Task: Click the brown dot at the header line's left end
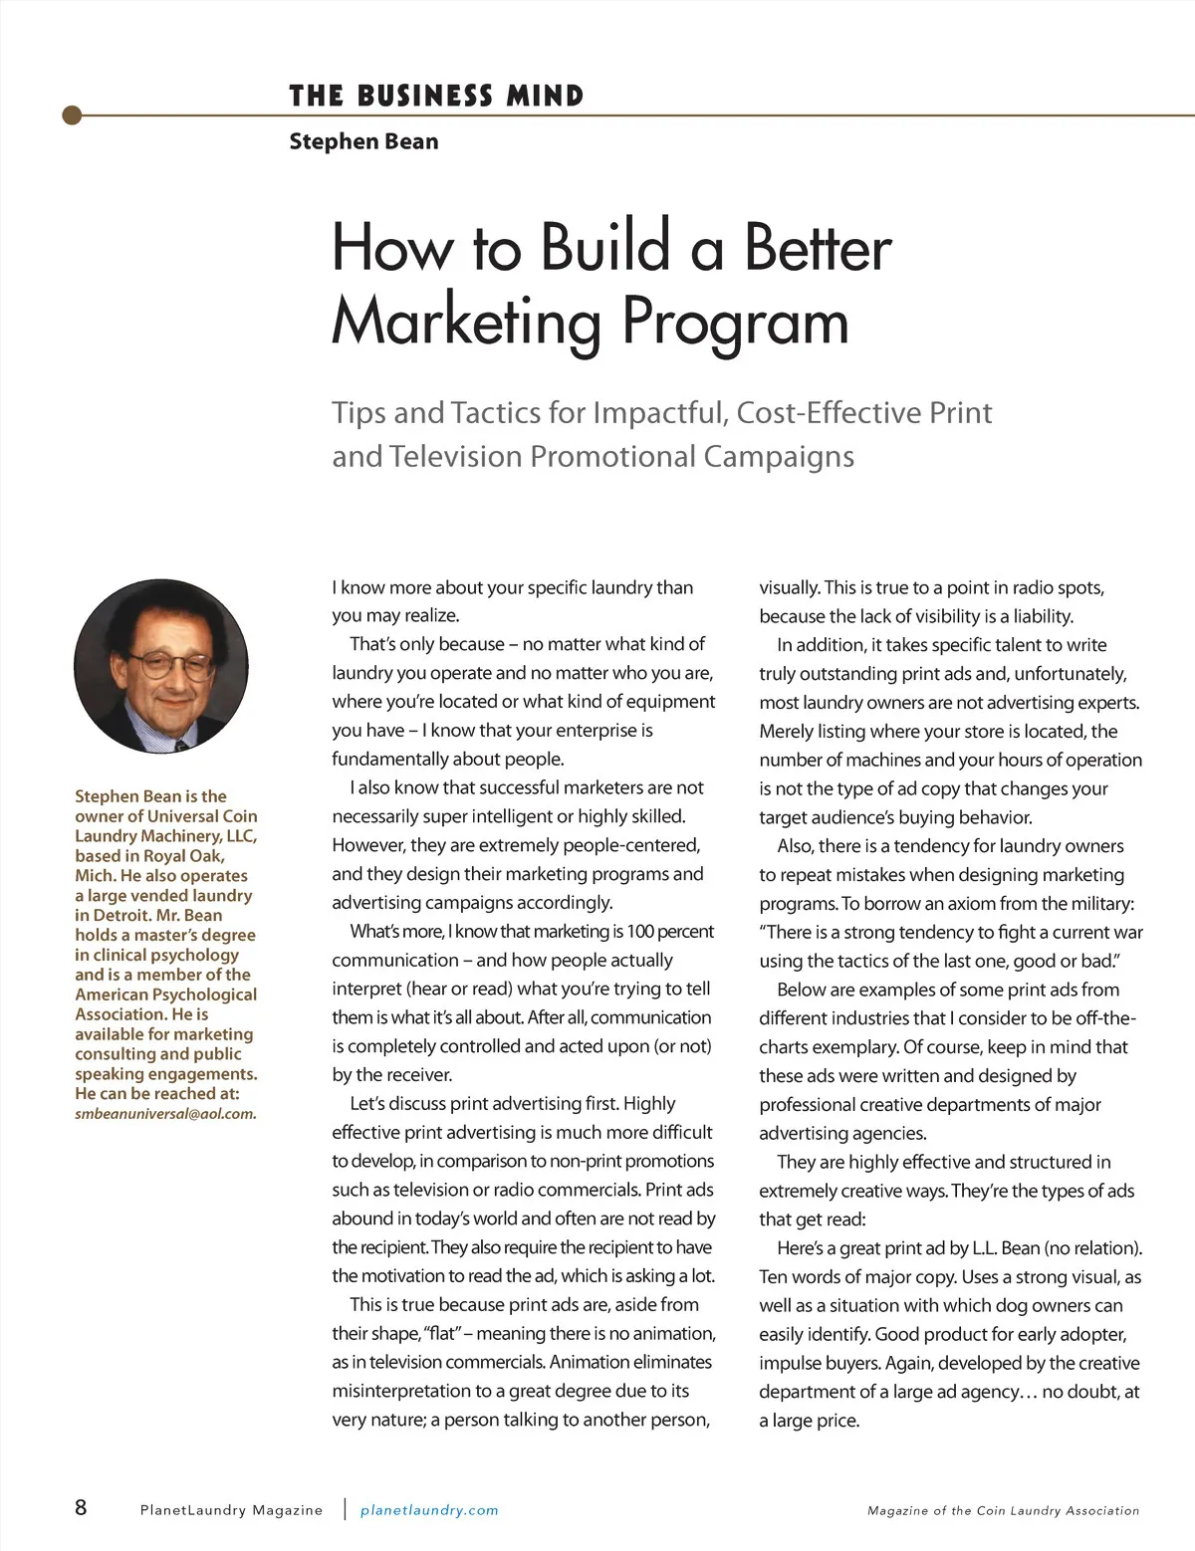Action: click(71, 115)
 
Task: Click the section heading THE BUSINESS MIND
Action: click(436, 97)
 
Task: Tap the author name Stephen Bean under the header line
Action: click(363, 141)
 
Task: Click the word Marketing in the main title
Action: click(466, 321)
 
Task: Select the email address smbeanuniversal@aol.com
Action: click(165, 1114)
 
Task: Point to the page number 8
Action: click(81, 1507)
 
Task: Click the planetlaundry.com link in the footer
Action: click(429, 1510)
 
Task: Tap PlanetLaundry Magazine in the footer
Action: click(231, 1510)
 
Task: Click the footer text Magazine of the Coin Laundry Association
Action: click(1003, 1510)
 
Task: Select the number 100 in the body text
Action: click(644, 932)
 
